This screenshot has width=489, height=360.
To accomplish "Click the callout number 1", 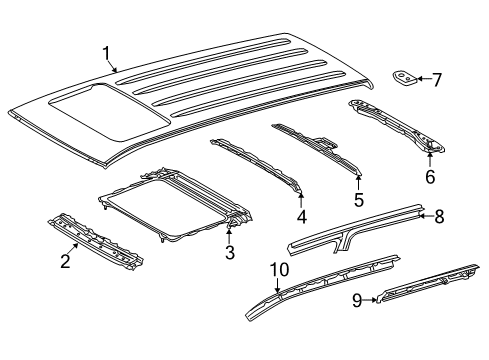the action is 106,54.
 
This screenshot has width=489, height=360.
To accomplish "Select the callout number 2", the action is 65,261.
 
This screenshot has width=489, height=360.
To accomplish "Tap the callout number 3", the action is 230,252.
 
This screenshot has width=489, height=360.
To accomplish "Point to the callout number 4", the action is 301,217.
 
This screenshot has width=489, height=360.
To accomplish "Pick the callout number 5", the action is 359,200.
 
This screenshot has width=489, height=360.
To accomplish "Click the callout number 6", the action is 430,176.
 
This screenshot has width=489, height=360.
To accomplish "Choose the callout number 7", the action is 437,80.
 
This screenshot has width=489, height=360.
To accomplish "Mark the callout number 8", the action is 440,216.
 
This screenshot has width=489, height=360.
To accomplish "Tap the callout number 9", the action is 357,301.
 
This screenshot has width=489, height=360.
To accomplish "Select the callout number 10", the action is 279,269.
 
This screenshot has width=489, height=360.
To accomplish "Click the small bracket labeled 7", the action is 405,77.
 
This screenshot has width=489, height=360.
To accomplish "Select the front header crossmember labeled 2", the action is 96,241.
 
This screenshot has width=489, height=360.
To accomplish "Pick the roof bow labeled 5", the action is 317,148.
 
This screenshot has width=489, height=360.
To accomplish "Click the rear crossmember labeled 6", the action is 397,126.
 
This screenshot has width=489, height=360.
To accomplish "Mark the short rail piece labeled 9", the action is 428,283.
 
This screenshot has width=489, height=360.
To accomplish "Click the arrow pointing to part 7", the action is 424,79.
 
